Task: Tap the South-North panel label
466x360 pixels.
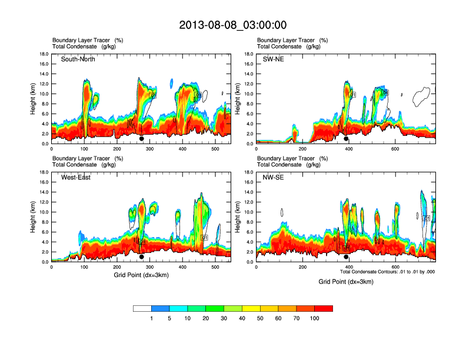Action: (x=78, y=59)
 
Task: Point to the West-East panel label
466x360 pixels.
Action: (x=76, y=178)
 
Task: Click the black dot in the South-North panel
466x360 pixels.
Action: (x=141, y=139)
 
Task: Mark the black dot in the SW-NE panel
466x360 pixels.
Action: (x=346, y=139)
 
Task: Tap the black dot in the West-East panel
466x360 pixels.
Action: (x=141, y=257)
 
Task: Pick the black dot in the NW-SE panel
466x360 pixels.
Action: (x=346, y=257)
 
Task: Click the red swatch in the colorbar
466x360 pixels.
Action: (x=324, y=308)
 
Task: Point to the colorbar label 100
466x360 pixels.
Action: (x=315, y=318)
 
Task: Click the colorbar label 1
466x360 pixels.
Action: (x=152, y=318)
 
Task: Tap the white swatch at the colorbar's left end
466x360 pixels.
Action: (x=142, y=308)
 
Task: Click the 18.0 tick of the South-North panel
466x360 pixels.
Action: (x=44, y=54)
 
